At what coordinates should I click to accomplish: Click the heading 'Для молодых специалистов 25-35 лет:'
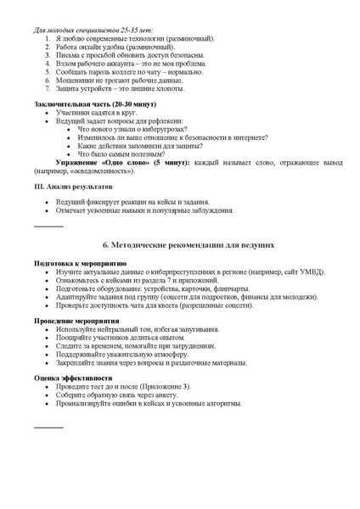pyautogui.click(x=93, y=30)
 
